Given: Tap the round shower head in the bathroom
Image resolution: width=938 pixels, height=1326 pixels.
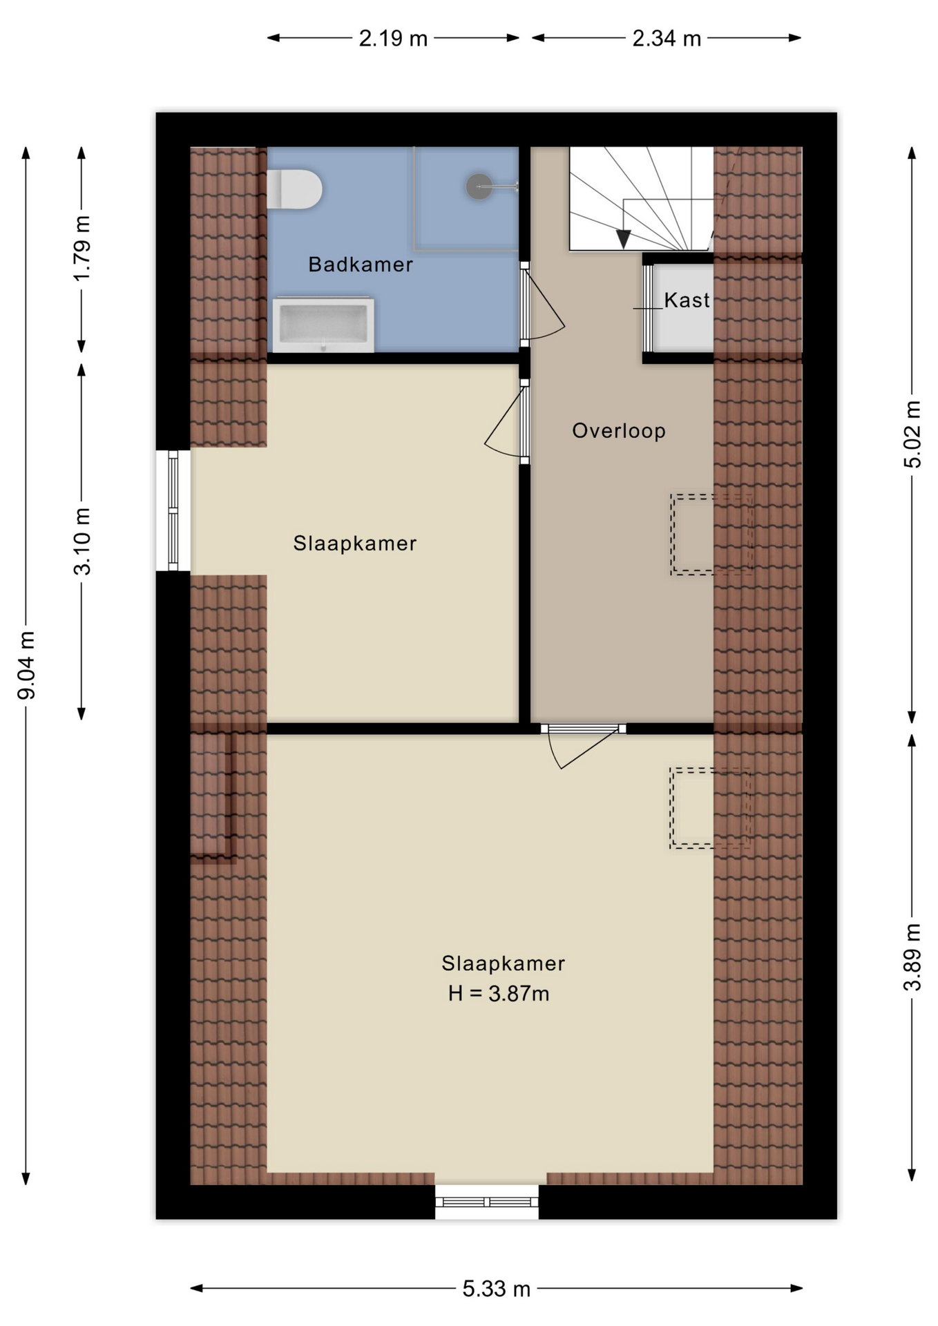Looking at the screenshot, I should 478,186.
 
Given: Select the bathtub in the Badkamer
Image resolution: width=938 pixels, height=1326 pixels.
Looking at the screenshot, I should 323,325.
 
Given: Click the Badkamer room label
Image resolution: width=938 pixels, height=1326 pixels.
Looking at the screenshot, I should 360,265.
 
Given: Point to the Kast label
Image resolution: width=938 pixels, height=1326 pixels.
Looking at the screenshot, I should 687,300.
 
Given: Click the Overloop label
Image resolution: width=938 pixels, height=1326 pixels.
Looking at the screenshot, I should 619,431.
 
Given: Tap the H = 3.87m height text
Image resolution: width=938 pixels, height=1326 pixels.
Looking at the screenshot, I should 498,994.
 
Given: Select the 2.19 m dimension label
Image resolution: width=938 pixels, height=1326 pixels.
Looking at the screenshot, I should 393,38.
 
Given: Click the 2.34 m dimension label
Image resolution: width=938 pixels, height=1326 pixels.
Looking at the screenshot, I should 667,38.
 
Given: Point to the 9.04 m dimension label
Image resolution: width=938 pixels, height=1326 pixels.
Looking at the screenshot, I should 26,664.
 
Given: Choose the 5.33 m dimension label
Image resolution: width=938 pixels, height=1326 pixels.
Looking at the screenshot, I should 496,1289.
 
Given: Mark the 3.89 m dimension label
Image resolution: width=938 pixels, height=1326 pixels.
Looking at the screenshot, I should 912,957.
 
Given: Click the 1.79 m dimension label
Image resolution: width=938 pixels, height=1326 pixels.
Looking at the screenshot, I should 82,249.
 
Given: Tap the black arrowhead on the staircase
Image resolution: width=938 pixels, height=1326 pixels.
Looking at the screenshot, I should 623,239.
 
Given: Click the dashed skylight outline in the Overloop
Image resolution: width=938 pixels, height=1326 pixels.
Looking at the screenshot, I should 711,534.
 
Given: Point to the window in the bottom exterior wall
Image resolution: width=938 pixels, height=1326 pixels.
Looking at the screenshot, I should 487,1202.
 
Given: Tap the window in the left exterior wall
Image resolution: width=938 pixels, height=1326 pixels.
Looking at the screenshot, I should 173,510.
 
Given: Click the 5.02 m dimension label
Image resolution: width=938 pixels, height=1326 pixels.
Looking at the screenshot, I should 912,434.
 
